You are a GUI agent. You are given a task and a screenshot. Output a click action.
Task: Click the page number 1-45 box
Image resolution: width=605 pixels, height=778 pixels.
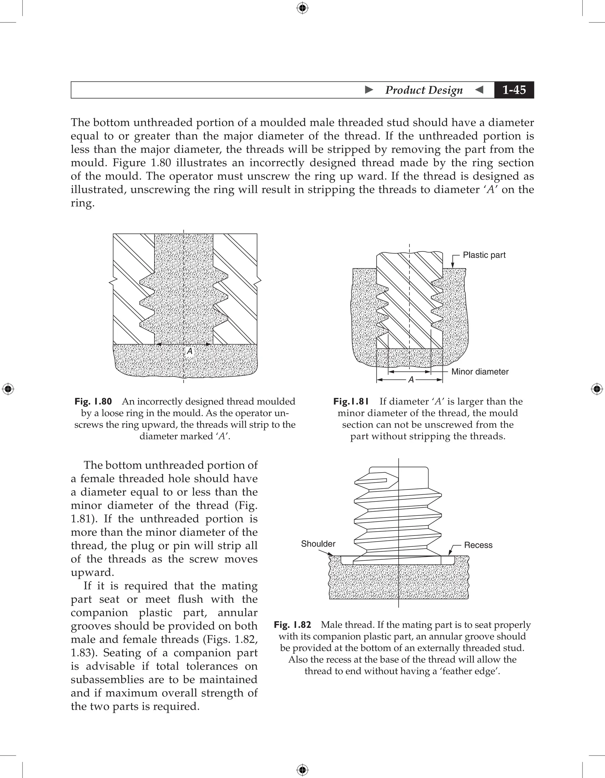pos(514,90)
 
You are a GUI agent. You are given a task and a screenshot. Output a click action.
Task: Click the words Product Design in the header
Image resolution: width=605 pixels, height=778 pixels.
pos(424,90)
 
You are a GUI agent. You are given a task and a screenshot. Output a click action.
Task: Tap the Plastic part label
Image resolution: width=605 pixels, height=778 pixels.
pos(484,255)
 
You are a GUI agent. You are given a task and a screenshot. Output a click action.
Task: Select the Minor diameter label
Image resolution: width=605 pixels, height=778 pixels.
pos(479,372)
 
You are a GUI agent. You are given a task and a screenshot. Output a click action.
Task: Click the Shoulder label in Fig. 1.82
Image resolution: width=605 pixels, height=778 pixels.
pos(318,544)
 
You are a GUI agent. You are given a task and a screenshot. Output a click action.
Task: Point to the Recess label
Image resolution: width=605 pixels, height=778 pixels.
pos(478,545)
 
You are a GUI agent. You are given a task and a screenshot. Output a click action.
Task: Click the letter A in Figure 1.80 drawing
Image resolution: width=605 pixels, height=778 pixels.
pos(190,351)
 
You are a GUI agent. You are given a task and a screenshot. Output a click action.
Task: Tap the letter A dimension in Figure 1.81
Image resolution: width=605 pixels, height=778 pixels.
pos(411,380)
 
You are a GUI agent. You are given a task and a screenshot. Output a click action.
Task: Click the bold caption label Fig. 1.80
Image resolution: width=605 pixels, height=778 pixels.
pos(93,401)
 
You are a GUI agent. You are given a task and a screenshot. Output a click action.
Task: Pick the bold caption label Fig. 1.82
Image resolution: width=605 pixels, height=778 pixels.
pos(292,625)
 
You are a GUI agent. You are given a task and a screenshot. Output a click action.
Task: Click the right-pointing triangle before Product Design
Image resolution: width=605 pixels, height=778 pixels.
pos(369,90)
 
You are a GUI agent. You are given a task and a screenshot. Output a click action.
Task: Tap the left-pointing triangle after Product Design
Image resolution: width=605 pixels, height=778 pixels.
pos(479,90)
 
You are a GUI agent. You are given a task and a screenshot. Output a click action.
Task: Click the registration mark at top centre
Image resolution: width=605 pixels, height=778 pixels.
pos(302,8)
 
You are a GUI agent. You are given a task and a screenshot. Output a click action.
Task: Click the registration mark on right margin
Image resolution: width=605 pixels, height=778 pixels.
pos(597,389)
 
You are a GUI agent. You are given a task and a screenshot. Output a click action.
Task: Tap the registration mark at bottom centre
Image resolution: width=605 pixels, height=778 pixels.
pos(302,770)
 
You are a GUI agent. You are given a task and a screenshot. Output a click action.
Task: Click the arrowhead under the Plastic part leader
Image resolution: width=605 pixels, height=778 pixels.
pos(452,265)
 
